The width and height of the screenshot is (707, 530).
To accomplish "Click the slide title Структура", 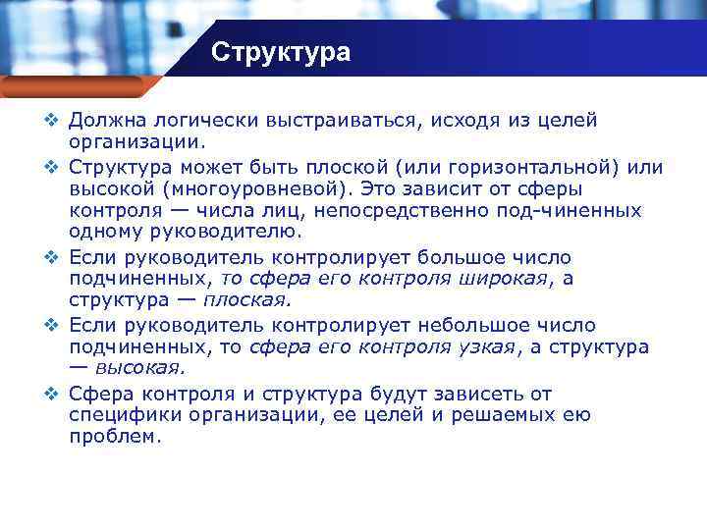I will [x=280, y=52].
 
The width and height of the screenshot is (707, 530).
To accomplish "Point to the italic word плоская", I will [x=246, y=300].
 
